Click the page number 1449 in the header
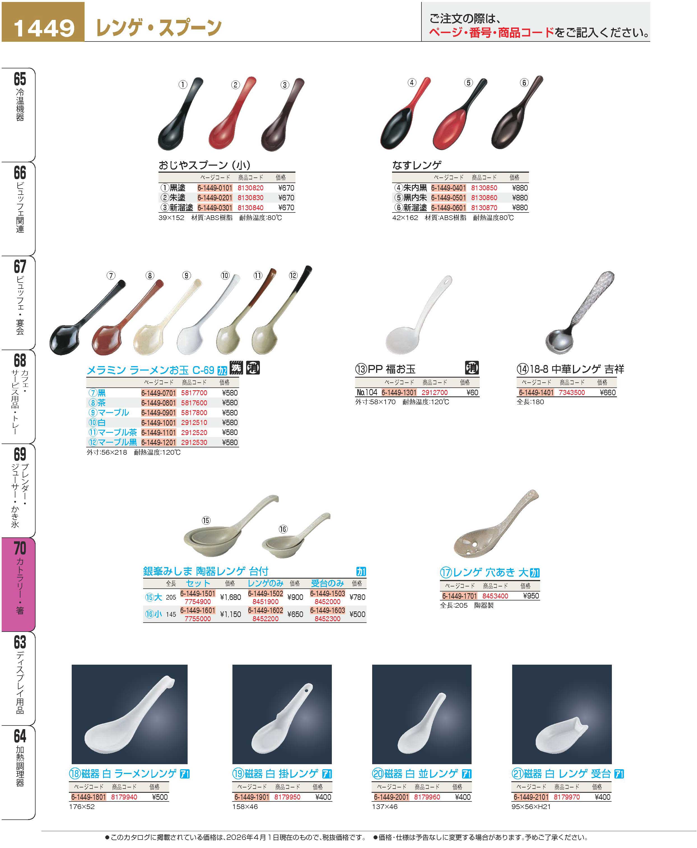(x=44, y=28)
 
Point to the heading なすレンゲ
(x=417, y=165)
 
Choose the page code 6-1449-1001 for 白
(x=158, y=423)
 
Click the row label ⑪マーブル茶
(x=113, y=433)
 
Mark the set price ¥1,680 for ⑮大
(x=230, y=597)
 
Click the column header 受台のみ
(x=327, y=583)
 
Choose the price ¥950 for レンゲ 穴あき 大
(x=531, y=596)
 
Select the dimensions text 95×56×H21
(x=531, y=807)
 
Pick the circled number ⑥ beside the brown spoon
(x=524, y=83)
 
